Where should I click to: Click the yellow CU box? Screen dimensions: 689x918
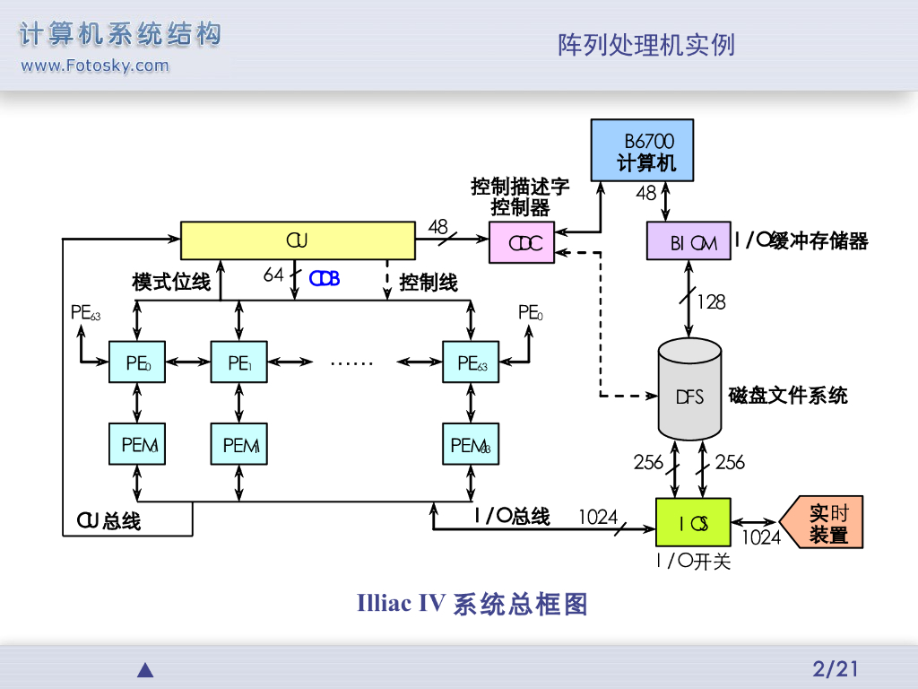pos(298,240)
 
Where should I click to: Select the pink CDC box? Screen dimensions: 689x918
pos(522,243)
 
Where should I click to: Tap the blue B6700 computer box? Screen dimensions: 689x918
pos(642,150)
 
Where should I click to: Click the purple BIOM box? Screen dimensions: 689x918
pos(688,241)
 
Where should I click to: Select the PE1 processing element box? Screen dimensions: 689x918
pos(239,362)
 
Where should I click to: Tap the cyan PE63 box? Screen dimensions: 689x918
pos(472,362)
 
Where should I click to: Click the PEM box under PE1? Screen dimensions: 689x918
pos(239,444)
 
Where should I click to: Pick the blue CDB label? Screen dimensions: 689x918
pos(325,278)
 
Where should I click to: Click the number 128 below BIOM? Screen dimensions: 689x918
pos(711,302)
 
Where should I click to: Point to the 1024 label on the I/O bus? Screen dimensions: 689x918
pos(597,517)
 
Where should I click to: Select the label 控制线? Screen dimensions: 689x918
pos(428,283)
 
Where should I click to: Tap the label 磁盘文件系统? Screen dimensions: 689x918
pos(787,395)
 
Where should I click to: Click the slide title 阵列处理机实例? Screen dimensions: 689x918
pos(646,45)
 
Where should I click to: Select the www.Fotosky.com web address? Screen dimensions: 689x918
pos(94,65)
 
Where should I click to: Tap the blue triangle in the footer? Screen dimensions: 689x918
pos(145,669)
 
